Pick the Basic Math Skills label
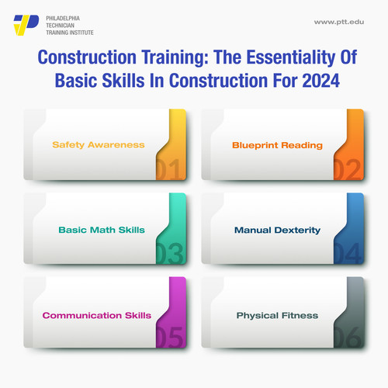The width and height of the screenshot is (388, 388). pos(102,230)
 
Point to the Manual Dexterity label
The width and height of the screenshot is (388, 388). pos(277,230)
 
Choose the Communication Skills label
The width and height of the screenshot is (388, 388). pos(96,315)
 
